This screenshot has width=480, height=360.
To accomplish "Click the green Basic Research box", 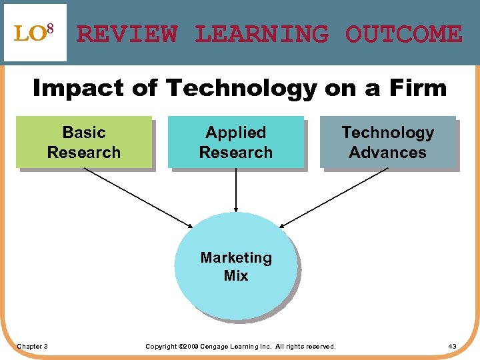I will point(83,142).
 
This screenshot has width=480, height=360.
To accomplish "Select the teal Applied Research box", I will point(235,142).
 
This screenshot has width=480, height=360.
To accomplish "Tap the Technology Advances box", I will point(387,142).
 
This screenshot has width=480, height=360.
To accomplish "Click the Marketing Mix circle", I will point(235,266).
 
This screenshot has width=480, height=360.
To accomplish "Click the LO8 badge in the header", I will point(35,33).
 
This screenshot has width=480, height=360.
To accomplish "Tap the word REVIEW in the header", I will point(127,34).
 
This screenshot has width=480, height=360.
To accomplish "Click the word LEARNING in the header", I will point(261,34).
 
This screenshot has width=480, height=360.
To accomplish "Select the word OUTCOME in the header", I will point(403,34).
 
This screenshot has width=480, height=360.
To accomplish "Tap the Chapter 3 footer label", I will point(32,346).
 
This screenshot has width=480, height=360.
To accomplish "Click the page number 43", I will point(452,346).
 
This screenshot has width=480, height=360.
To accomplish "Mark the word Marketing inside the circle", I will point(236,257).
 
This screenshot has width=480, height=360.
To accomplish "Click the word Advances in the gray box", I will point(387,153).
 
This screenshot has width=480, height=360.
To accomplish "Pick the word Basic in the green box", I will point(83,132).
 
